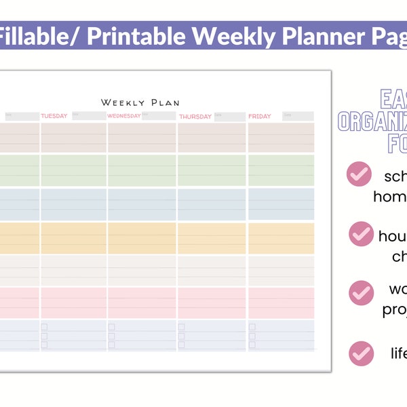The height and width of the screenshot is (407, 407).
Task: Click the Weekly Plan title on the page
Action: (140, 102)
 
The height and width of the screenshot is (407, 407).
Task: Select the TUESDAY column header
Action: (54, 116)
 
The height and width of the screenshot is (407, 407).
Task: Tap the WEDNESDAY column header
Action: (123, 116)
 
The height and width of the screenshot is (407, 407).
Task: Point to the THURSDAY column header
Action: (195, 117)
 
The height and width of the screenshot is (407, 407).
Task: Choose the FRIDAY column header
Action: (260, 116)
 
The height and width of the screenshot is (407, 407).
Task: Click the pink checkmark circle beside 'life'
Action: (360, 353)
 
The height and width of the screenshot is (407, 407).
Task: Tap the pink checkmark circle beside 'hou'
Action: (360, 234)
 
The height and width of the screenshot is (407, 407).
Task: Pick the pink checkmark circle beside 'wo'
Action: (360, 292)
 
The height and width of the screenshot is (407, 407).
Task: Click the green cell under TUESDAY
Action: (73, 170)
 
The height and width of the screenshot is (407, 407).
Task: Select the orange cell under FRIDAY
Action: (281, 237)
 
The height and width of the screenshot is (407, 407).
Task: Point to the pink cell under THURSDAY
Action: (212, 303)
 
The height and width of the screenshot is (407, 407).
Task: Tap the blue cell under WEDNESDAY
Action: (142, 204)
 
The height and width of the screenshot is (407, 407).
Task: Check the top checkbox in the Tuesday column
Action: (45, 327)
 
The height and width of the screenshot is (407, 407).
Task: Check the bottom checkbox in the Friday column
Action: (252, 345)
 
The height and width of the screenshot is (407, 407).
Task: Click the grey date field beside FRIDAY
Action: (297, 116)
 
